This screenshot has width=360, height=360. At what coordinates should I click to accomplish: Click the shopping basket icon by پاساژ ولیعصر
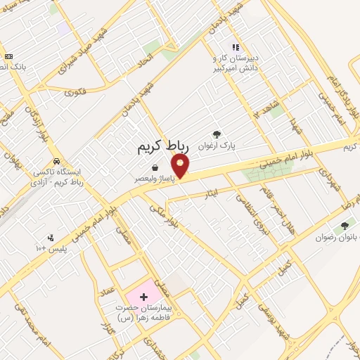(154, 168)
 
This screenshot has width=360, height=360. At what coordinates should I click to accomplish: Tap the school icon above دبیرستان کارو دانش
(235, 46)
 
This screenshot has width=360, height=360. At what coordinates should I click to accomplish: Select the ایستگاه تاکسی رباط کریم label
(63, 177)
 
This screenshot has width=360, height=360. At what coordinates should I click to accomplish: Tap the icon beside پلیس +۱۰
(50, 238)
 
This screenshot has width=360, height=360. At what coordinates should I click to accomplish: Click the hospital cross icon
(144, 297)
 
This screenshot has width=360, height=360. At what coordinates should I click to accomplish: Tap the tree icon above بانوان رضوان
(344, 226)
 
